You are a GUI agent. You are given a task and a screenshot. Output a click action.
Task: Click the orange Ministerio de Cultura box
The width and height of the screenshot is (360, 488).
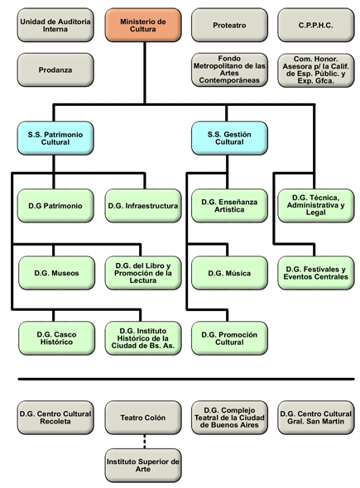coord(143,25)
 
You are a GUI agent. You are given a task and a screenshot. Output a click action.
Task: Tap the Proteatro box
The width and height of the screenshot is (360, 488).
coord(229,25)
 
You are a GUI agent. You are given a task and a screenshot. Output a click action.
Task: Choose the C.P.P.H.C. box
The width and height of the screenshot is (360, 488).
coord(315,25)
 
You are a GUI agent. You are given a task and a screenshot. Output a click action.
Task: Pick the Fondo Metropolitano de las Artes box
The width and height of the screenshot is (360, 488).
coord(229,69)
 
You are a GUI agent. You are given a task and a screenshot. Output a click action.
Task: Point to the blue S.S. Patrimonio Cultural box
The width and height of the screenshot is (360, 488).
coord(55,137)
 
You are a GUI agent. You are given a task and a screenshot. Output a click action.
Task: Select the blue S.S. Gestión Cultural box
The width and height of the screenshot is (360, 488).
coord(229,137)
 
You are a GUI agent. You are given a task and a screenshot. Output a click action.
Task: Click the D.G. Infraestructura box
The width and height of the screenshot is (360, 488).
coord(143,205)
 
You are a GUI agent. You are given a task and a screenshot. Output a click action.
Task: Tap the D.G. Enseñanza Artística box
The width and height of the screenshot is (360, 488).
coord(229,205)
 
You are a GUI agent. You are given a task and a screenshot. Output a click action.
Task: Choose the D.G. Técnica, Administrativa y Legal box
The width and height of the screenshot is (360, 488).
coord(315,205)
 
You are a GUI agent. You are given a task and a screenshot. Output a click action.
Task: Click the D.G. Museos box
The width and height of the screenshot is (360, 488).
coord(55,272)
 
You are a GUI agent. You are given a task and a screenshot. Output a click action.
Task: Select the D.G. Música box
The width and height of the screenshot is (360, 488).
coord(229,272)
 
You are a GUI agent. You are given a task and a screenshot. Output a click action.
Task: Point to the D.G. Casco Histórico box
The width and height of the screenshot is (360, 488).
coord(55,337)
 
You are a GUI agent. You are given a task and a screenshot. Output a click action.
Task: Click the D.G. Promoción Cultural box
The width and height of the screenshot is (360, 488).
coord(229,337)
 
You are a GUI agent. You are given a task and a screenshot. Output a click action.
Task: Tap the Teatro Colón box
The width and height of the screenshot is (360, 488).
coord(143,417)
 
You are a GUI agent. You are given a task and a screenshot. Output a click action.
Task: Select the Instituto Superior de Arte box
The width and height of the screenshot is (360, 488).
coord(143,466)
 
